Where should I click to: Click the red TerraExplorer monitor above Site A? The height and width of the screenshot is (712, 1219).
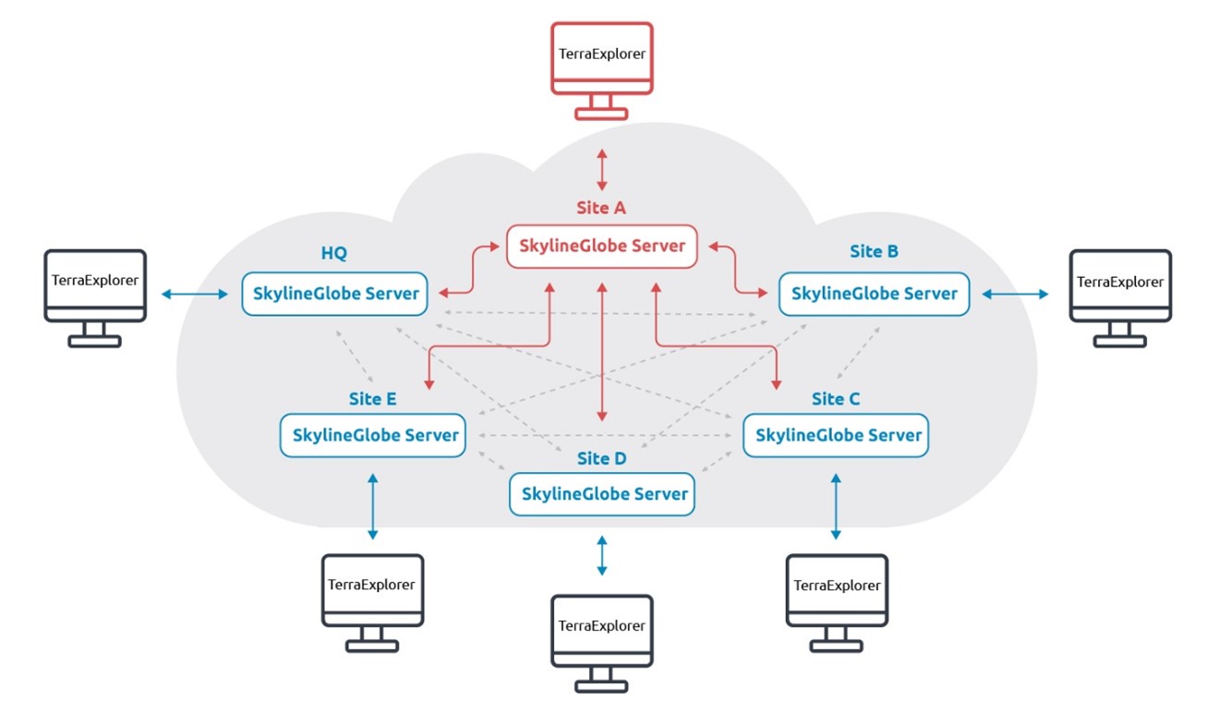602,57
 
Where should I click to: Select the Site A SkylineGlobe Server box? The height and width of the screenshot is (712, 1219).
602,247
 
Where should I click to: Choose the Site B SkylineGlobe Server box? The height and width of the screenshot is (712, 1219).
874,294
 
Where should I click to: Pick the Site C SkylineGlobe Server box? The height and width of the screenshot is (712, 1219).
837,435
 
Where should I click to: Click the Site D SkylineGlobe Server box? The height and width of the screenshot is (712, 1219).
602,494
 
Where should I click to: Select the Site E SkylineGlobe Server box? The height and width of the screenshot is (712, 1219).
373,435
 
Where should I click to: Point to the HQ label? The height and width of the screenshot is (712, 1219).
334,253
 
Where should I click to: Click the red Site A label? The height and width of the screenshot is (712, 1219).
601,208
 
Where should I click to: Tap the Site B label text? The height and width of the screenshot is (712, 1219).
874,251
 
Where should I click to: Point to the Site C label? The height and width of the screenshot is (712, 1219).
836,399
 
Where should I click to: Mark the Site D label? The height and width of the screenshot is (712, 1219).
601,458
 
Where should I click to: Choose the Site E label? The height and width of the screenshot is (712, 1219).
372,399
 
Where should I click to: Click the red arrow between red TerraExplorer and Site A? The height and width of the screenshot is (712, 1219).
602,168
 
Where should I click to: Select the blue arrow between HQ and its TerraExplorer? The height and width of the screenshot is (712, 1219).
195,295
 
